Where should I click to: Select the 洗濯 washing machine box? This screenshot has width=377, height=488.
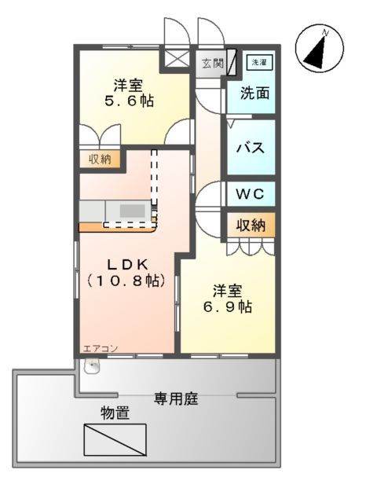(x=257, y=61)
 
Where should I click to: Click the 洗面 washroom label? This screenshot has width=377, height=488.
(x=254, y=93)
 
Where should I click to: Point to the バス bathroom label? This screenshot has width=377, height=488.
(x=249, y=149)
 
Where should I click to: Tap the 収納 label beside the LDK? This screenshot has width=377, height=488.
(x=99, y=159)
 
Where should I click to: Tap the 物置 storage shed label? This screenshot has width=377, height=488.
(x=115, y=413)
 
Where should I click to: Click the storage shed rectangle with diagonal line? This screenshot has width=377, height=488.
(x=115, y=438)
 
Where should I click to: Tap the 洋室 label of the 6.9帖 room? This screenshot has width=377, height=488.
(x=226, y=288)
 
